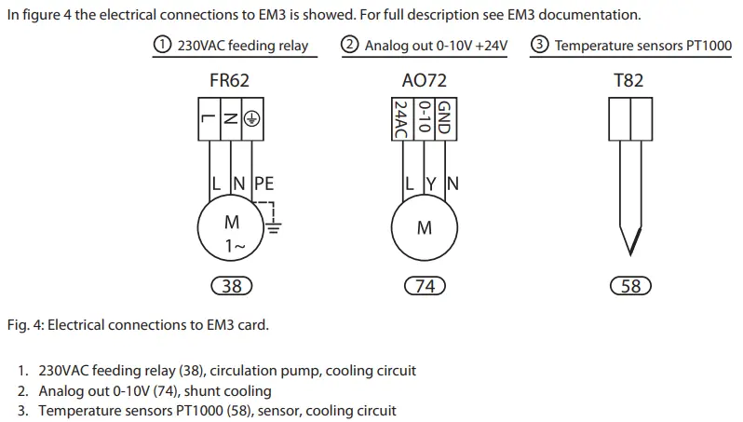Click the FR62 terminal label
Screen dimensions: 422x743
(230, 80)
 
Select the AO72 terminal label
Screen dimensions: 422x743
(424, 80)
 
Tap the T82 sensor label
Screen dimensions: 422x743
(628, 80)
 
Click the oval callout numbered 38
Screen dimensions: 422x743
(231, 286)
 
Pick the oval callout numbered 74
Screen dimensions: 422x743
(425, 286)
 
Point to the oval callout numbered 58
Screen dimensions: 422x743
(630, 286)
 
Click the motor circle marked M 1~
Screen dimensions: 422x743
(231, 233)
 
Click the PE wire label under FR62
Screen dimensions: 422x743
(263, 184)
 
